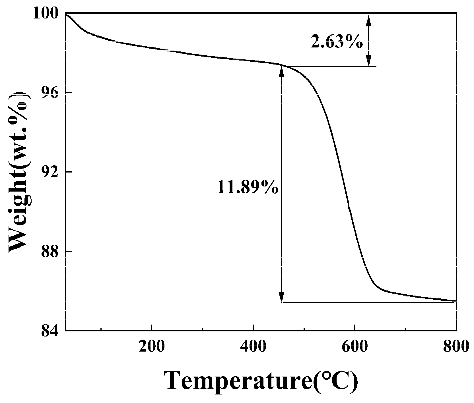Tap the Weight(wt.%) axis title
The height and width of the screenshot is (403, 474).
pyautogui.click(x=19, y=172)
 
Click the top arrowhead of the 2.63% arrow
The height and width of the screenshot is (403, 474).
pyautogui.click(x=368, y=18)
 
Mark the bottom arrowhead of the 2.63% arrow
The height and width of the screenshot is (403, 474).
pyautogui.click(x=368, y=63)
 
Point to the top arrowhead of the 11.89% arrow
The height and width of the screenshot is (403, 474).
pyautogui.click(x=282, y=69)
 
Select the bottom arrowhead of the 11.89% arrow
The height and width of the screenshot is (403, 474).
pyautogui.click(x=282, y=299)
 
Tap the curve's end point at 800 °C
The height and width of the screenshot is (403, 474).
pyautogui.click(x=456, y=301)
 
